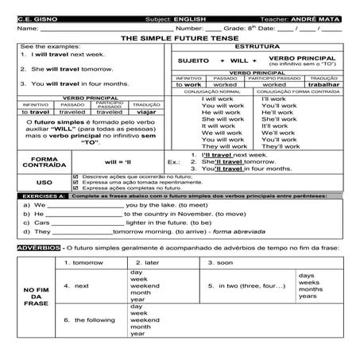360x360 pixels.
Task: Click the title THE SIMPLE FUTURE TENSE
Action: click(180, 37)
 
